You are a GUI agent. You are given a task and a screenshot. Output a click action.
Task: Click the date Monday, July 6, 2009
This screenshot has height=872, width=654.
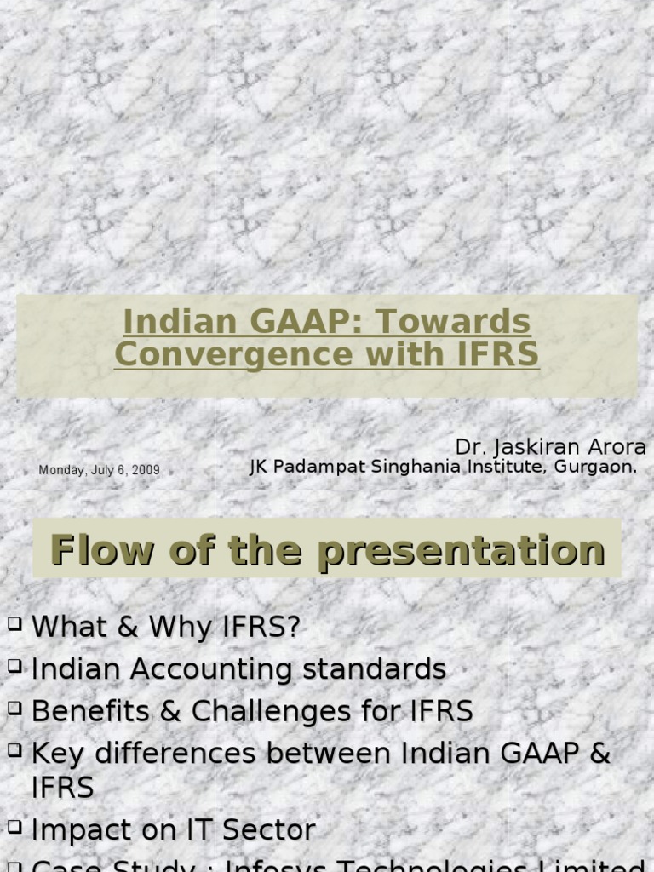(99, 470)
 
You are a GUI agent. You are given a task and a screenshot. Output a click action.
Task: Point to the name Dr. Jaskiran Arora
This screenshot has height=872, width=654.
(550, 447)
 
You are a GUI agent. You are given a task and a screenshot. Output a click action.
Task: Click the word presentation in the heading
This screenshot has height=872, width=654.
(461, 551)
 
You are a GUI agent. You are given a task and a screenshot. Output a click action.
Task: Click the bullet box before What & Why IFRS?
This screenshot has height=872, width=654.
(15, 624)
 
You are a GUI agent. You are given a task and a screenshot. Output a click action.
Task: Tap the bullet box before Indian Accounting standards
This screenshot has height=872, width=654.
(15, 667)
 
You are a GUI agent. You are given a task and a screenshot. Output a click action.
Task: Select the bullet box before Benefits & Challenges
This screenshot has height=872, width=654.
(15, 708)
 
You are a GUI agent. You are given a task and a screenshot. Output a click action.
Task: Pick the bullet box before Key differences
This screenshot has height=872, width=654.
(15, 750)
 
